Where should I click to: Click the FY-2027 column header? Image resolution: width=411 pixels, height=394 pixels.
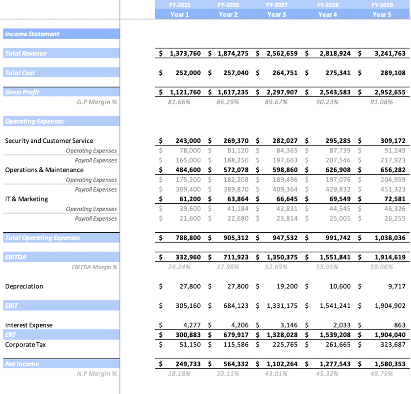click(x=277, y=5)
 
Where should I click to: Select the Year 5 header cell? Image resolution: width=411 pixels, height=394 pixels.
click(x=382, y=15)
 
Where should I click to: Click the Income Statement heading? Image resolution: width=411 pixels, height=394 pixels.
click(x=32, y=34)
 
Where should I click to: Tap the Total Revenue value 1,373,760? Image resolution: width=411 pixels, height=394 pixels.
click(x=185, y=53)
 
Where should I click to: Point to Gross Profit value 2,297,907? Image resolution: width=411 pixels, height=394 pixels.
click(x=282, y=92)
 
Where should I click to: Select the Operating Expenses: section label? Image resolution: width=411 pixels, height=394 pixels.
click(x=35, y=121)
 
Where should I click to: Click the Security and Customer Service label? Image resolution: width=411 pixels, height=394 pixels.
click(x=49, y=141)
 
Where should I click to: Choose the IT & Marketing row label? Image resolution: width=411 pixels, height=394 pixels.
click(x=27, y=199)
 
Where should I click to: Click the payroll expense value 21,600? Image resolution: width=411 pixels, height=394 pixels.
click(x=188, y=218)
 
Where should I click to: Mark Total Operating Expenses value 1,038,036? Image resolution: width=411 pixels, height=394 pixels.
click(x=390, y=238)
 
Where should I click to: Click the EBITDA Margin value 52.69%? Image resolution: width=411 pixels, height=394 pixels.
click(x=276, y=267)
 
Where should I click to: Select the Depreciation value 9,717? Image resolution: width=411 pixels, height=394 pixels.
click(x=396, y=286)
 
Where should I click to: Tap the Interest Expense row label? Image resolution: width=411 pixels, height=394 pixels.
click(x=29, y=325)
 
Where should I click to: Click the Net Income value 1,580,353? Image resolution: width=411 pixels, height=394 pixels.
click(x=390, y=364)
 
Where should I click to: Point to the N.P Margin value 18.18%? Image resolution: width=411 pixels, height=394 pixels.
click(x=179, y=374)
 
